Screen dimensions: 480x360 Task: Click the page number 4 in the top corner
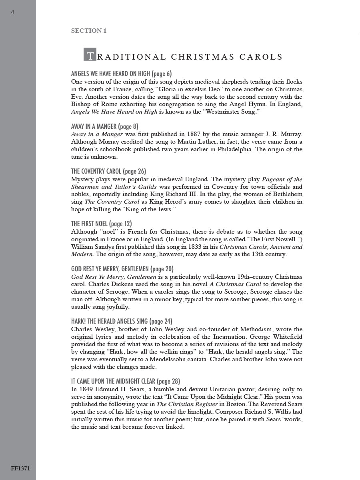pos(12,12)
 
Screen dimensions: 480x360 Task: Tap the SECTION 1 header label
pos(89,31)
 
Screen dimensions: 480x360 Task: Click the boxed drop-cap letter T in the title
pos(90,55)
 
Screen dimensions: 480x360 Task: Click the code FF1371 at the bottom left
pos(20,468)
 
